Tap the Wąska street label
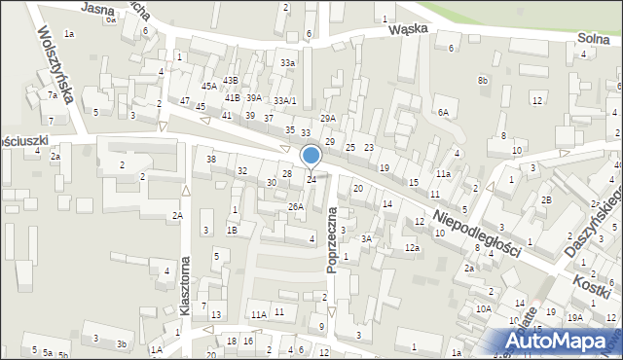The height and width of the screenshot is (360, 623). tap(409, 29)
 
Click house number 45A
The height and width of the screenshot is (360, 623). tap(209, 87)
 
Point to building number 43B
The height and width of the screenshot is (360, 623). tap(230, 81)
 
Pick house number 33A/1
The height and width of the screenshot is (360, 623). tap(284, 101)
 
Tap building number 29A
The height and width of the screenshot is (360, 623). tap(328, 118)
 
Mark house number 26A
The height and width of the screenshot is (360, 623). tap(295, 207)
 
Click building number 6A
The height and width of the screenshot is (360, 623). tap(443, 113)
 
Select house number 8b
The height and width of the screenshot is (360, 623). tap(483, 81)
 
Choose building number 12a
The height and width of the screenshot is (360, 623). tap(412, 249)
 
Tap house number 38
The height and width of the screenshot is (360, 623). tap(210, 159)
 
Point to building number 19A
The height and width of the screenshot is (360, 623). tap(575, 317)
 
